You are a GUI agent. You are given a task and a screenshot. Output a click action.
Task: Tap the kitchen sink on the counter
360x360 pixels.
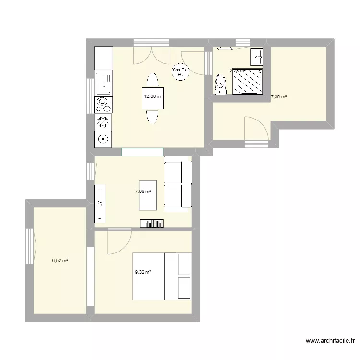tap(103, 84)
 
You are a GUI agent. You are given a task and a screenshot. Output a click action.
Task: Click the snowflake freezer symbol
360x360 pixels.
tap(103, 121)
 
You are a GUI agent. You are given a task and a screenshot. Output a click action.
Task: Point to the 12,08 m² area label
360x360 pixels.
tap(153, 96)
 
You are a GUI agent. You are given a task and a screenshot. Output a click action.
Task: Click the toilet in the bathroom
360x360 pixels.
tap(221, 84)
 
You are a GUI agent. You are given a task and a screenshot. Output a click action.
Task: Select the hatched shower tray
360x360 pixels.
tap(248, 82)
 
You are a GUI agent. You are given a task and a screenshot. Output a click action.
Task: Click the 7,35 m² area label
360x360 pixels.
tap(278, 96)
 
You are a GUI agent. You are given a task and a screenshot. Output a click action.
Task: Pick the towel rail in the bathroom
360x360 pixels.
tap(225, 48)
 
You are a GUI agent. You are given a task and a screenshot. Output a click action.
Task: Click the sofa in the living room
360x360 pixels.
tap(178, 184)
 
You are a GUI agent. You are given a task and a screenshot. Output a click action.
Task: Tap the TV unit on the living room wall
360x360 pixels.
tap(100, 204)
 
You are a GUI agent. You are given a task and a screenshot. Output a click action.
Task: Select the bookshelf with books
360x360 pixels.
tap(152, 223)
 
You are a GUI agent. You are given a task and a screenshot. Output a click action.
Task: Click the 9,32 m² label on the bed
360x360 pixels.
tap(143, 272)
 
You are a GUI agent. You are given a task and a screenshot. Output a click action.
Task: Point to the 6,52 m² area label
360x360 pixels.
tap(60, 261)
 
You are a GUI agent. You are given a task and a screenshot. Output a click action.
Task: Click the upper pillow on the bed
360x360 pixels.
tap(184, 264)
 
